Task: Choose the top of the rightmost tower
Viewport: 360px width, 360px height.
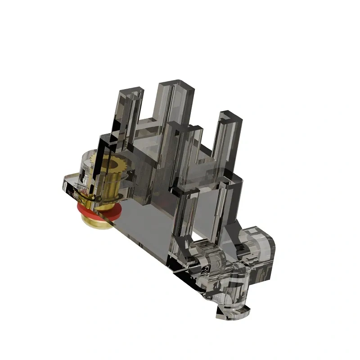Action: coord(229,116)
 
